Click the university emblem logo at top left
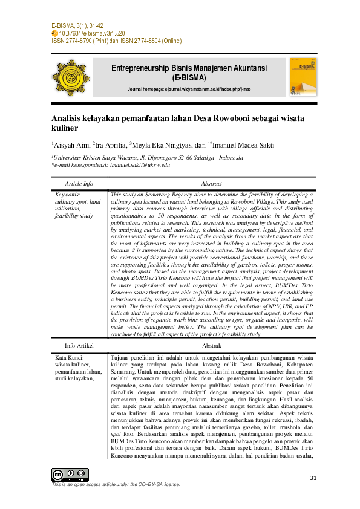pos(70,78)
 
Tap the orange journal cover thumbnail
pos(303,76)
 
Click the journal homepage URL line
pos(188,89)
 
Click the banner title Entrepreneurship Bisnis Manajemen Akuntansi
pos(189,68)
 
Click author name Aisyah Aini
pos(71,144)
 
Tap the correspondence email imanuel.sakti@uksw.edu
pos(139,164)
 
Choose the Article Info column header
pos(79,183)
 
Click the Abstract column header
pos(211,183)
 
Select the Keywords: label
pos(67,195)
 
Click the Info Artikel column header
pos(79,345)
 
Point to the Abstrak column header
pos(211,345)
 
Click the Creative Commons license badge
pos(70,475)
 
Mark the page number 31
pos(313,478)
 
